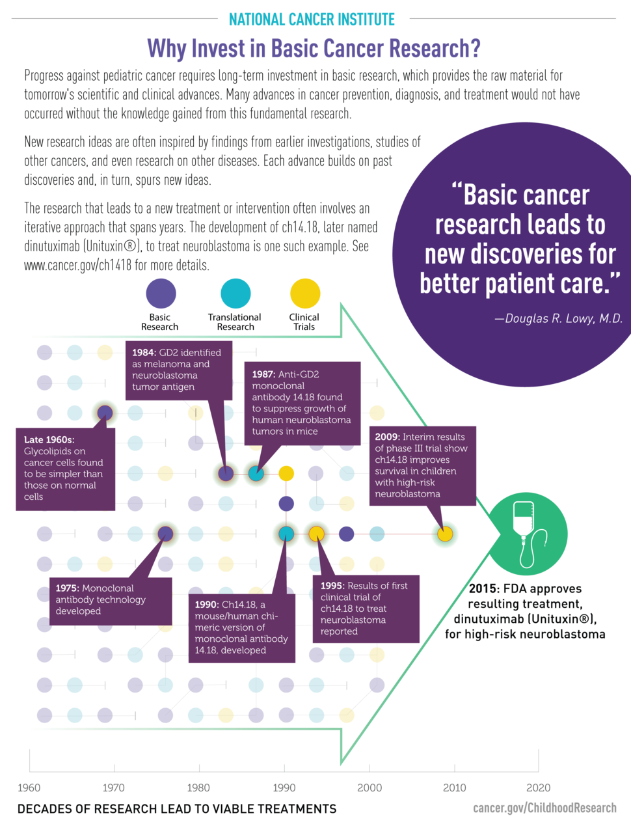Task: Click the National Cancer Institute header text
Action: (x=312, y=20)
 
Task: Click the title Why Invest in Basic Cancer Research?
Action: (x=314, y=48)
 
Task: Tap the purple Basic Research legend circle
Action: (x=161, y=294)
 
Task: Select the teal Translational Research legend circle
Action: (x=235, y=294)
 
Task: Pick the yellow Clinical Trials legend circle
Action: (x=305, y=294)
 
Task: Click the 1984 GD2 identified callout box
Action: (x=179, y=370)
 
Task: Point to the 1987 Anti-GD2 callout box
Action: (x=302, y=403)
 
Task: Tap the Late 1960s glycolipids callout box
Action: (x=64, y=468)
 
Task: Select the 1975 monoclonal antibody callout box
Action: (x=110, y=599)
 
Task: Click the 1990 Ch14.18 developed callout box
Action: (x=241, y=627)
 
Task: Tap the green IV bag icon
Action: (x=527, y=534)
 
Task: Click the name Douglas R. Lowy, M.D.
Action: (x=558, y=319)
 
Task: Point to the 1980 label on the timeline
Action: (x=198, y=788)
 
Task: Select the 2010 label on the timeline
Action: (x=454, y=788)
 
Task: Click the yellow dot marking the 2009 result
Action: (x=445, y=534)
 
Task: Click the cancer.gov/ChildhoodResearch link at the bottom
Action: (x=544, y=808)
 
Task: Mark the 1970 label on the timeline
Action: (x=114, y=788)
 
